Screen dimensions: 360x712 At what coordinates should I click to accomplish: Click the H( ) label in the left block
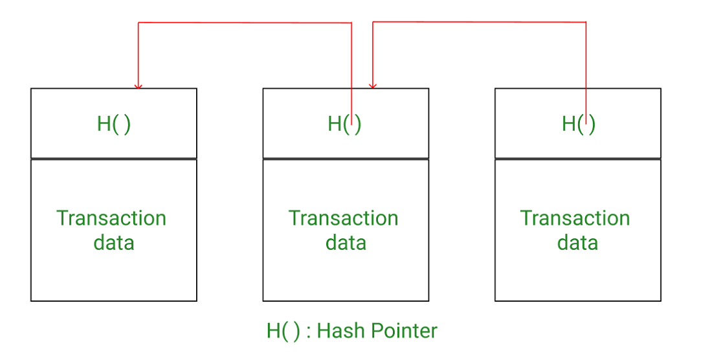tap(113, 124)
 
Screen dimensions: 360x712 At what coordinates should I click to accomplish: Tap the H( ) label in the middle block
tap(344, 124)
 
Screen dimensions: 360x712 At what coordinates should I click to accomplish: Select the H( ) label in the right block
tap(578, 124)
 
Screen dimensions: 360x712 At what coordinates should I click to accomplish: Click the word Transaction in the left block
tap(111, 218)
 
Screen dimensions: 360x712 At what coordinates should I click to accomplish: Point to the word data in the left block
tap(114, 243)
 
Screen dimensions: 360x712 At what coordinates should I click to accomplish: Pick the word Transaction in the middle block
tap(343, 218)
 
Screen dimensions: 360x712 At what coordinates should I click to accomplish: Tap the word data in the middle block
tap(346, 243)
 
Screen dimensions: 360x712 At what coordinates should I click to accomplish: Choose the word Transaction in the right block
tap(575, 218)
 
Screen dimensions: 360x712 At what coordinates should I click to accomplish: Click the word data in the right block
tap(577, 243)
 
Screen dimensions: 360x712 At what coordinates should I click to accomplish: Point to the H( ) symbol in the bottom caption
tap(283, 331)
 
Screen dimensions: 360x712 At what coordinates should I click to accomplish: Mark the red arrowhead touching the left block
tap(137, 85)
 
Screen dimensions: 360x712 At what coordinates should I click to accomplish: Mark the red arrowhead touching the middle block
tap(372, 85)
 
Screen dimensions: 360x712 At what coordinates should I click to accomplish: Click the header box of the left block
tap(65, 123)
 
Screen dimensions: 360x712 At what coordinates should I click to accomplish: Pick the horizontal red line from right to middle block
tap(479, 22)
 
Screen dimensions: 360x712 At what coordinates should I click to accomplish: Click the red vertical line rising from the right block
tap(586, 65)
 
